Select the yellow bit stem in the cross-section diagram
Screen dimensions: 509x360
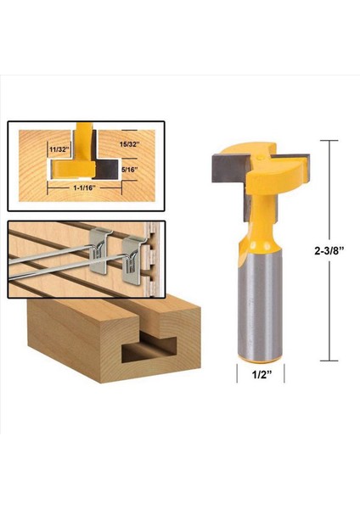(x=84, y=141)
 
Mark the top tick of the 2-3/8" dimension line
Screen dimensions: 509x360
(x=329, y=140)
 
